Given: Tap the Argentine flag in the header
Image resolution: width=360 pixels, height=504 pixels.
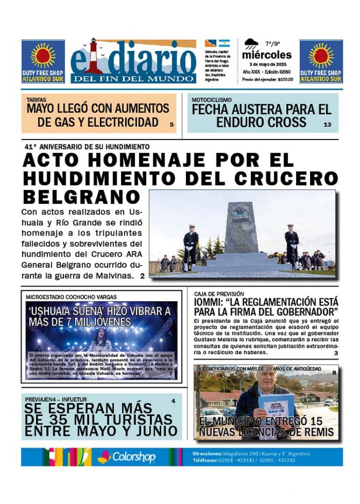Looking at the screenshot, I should (224, 43).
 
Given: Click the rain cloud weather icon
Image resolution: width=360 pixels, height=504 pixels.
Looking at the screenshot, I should (251, 45).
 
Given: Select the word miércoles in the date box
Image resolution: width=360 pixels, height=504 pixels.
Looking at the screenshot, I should (267, 55).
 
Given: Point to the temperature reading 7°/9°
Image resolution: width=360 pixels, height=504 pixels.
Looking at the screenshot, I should (273, 44).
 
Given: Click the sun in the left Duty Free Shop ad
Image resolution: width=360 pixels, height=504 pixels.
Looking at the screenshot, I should (43, 56).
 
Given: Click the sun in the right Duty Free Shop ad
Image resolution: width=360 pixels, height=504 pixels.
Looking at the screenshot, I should (321, 56).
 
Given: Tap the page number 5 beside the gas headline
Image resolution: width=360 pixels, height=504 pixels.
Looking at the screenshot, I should (171, 125).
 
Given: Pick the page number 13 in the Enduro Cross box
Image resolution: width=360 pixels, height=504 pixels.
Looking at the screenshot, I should (327, 125).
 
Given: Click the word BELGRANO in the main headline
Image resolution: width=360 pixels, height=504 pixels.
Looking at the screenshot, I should (81, 196).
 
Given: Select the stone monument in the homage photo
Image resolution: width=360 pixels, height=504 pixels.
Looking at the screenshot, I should (241, 229).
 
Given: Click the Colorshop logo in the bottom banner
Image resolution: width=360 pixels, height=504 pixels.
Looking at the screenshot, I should (126, 457).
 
